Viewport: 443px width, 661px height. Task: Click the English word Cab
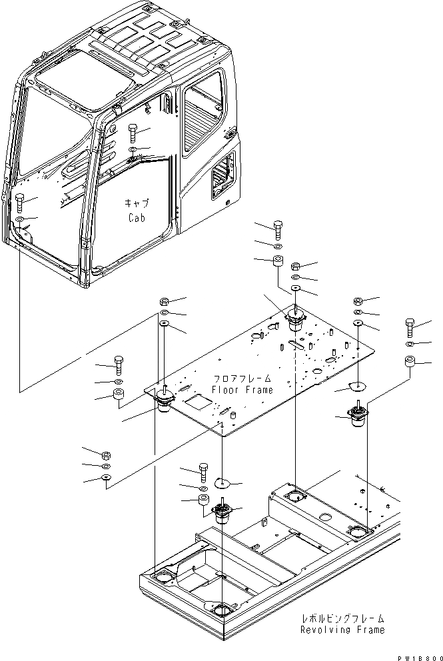[137, 217]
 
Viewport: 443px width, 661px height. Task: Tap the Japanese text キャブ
[137, 203]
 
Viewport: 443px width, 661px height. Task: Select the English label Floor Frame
[242, 390]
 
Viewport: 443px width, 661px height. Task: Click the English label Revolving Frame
[342, 630]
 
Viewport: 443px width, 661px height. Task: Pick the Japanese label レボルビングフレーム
[342, 618]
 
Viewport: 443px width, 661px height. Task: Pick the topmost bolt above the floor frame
[278, 229]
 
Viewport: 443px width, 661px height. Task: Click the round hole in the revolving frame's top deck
[324, 518]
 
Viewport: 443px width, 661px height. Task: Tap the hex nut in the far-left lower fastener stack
[105, 455]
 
